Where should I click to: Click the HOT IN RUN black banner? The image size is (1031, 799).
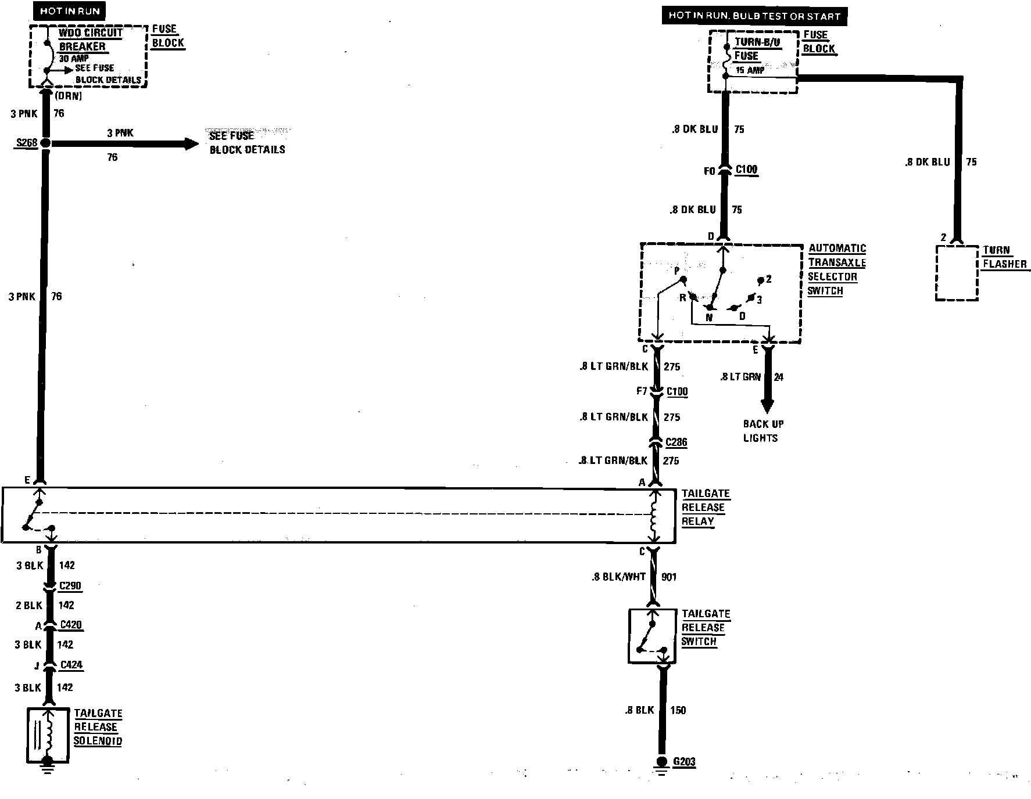[69, 11]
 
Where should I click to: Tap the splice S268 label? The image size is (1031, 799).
[26, 142]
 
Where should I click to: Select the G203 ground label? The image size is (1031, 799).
[683, 761]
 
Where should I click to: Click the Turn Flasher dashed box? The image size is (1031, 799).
[956, 273]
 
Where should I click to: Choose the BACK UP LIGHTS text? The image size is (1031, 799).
[762, 431]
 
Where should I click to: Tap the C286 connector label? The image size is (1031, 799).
[676, 442]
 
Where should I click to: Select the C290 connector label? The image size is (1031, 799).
[70, 586]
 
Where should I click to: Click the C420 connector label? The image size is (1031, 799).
[71, 625]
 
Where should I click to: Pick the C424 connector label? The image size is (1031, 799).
[71, 665]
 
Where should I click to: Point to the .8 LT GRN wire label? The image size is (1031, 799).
[740, 377]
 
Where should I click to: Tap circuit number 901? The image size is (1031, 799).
[669, 577]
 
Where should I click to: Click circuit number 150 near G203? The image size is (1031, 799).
[678, 710]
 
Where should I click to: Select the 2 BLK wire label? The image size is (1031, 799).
[29, 606]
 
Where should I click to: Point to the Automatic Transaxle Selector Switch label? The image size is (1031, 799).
[836, 269]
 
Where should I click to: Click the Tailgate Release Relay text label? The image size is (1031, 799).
[705, 508]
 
